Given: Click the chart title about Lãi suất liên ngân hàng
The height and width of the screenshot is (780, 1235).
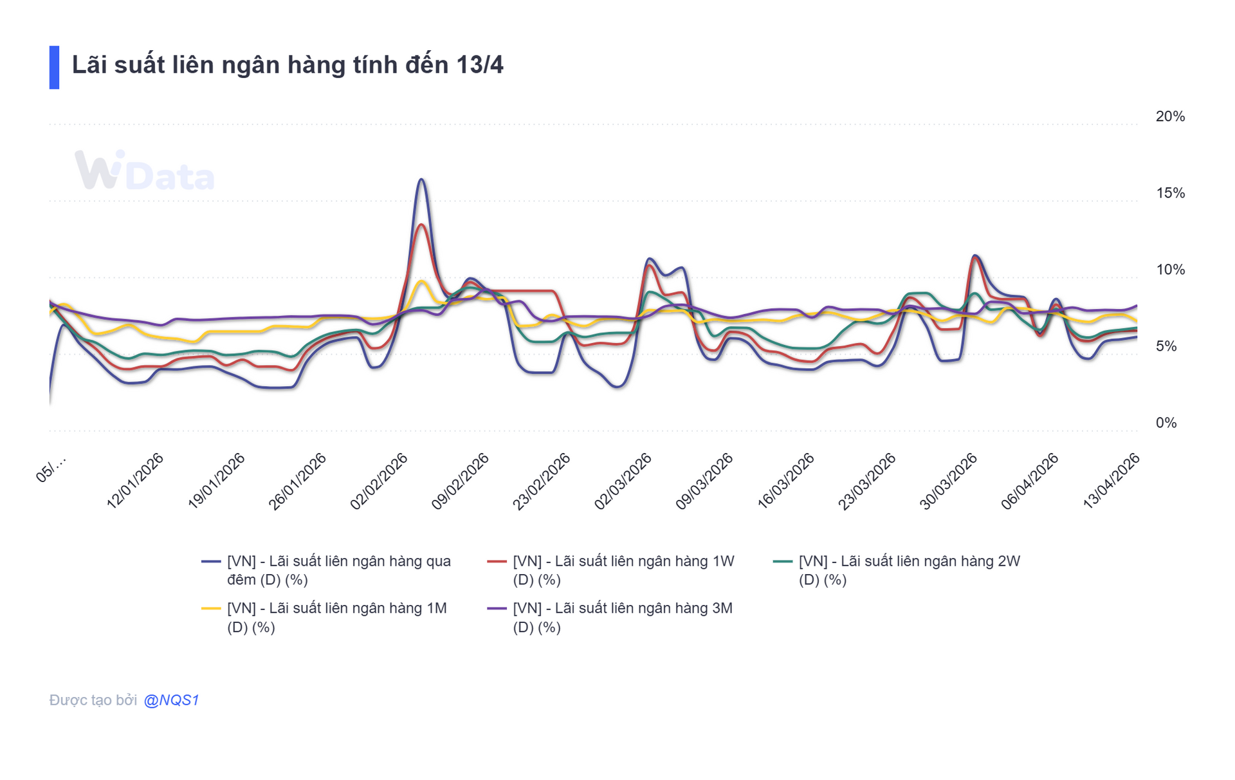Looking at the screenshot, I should coord(288,66).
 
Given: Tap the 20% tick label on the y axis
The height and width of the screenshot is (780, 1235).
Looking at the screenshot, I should coord(1169,116).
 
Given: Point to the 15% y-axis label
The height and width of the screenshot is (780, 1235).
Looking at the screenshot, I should coord(1169,193).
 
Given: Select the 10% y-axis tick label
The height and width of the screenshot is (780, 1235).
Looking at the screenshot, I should coord(1169,270).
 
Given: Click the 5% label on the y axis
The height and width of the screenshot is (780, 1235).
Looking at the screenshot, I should coord(1166,346).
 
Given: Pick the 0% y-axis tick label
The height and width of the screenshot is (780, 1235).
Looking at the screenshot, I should coord(1166,423).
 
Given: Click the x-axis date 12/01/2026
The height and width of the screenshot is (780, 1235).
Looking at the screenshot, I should coord(135,481).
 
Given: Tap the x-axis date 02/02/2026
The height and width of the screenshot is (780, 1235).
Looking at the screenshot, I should coord(379,481).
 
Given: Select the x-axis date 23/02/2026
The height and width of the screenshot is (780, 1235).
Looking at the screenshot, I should coord(542,481).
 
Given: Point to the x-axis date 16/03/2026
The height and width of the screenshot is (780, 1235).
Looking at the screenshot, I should coord(785,481).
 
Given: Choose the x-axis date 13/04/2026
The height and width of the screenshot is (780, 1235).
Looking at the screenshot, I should coord(1111,481).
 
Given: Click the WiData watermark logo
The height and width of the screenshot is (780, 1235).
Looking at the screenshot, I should coord(145,171).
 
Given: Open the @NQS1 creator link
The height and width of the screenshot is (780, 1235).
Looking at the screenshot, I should coord(171,700).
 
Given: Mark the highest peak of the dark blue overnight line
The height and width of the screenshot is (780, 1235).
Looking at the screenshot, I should coord(421,180).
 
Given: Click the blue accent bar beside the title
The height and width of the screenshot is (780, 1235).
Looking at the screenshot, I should coord(54,68).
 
